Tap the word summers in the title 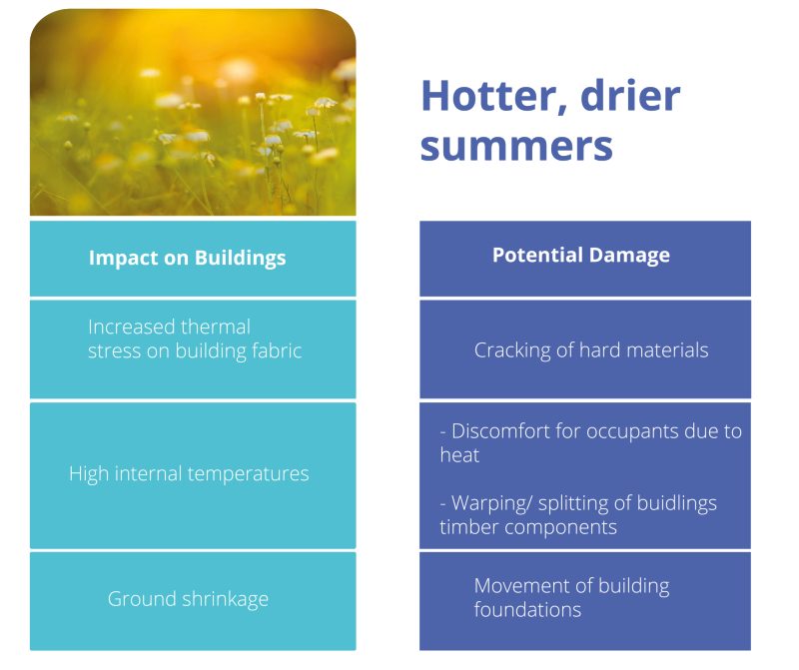point(516,146)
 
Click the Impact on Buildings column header point(187,258)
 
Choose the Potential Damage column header point(581,255)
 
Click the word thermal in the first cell point(216,327)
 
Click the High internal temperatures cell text point(189,474)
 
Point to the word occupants point(633,432)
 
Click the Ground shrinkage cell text point(188,599)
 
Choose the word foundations point(527,609)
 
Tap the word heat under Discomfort point(459,455)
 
